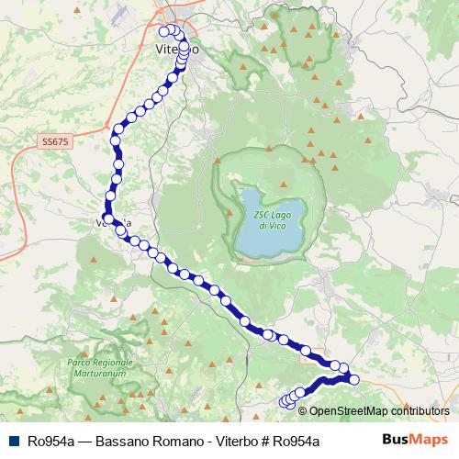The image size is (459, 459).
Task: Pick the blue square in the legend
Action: [15, 441]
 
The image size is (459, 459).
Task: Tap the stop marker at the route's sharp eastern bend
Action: [354, 379]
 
